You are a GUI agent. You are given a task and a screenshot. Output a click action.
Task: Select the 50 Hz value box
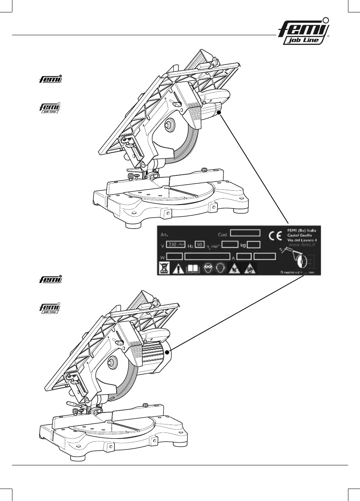coord(200,244)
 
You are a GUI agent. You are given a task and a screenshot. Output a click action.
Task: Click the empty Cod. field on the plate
coord(245,233)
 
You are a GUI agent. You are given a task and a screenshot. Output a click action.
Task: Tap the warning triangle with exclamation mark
coord(179,269)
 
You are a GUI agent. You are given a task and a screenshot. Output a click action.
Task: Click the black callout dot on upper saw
coord(219,113)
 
